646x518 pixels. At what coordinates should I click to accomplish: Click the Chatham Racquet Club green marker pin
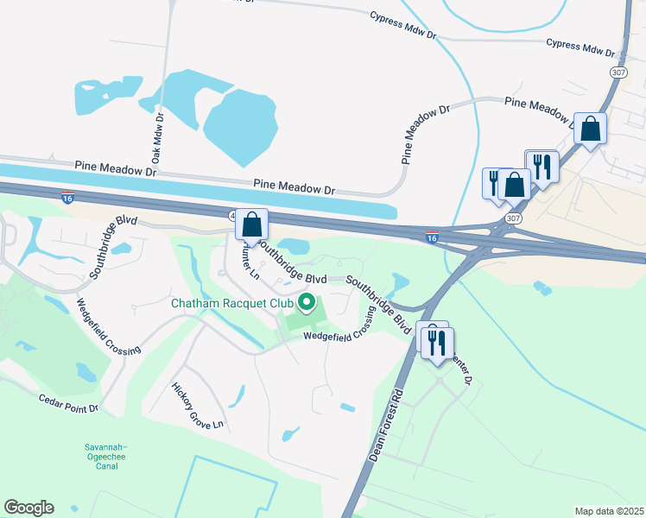[306, 302]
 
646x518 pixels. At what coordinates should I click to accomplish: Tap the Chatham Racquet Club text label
[231, 303]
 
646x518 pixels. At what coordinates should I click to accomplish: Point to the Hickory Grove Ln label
[198, 407]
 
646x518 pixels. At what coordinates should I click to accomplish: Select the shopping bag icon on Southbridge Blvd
[251, 225]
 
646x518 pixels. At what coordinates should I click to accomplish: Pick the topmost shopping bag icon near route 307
[591, 129]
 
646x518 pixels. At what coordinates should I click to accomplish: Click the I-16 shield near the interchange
[433, 236]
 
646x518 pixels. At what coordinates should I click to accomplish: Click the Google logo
[28, 508]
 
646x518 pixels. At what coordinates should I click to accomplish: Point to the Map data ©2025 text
[609, 511]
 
